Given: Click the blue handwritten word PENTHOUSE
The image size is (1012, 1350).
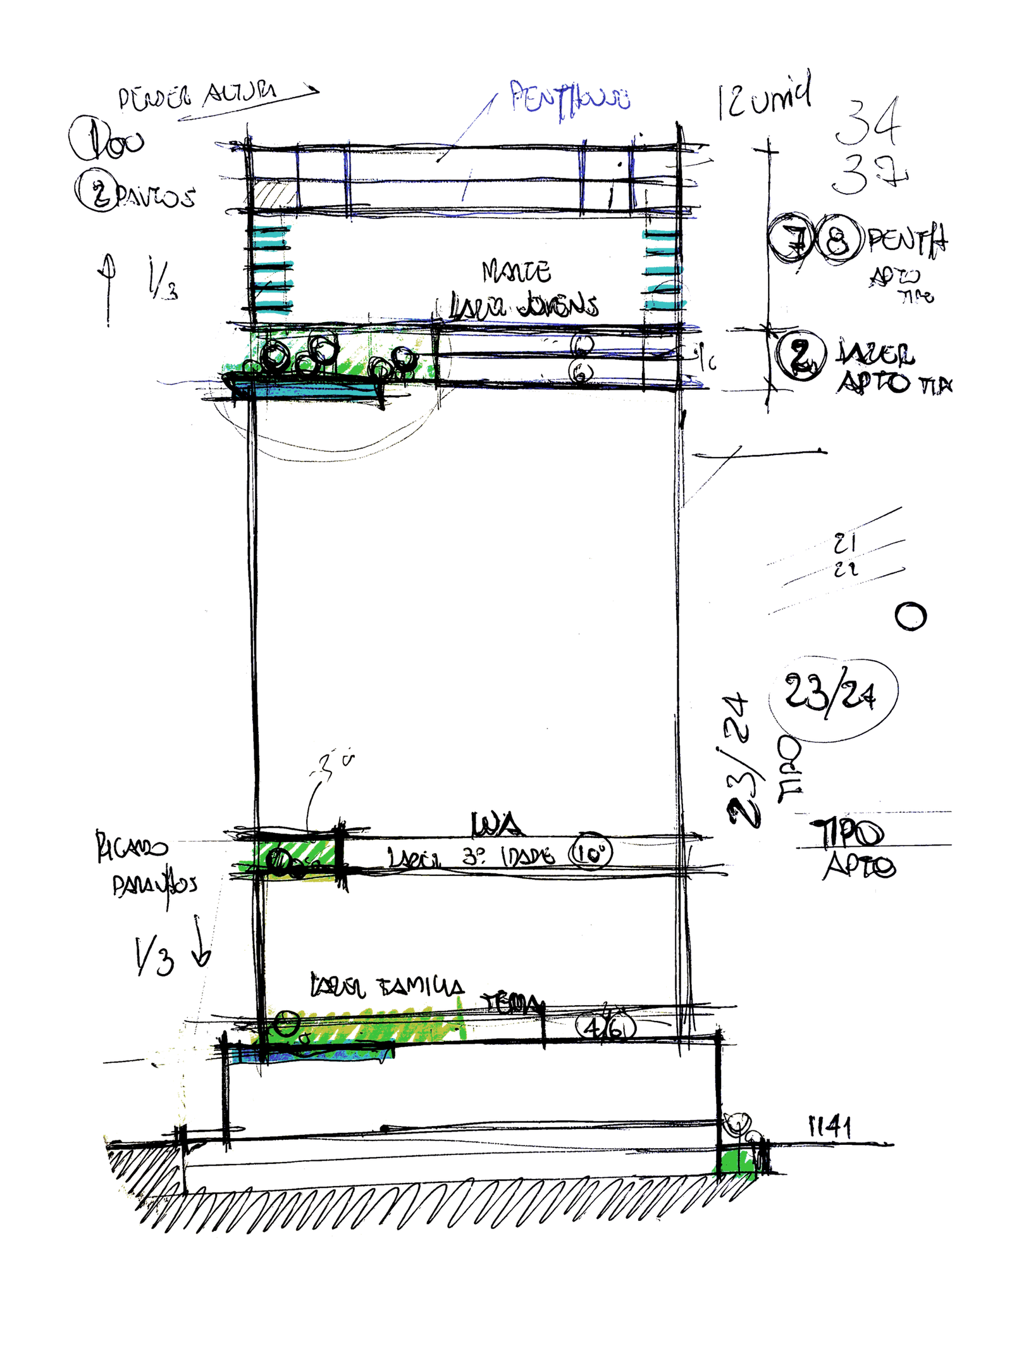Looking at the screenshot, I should (x=569, y=98).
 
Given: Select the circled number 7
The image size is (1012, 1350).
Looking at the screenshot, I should (x=791, y=239).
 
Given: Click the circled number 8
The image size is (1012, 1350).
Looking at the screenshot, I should (x=839, y=240).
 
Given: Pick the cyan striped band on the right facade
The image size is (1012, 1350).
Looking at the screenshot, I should (x=663, y=269).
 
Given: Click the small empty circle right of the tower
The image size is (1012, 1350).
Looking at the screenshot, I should (x=911, y=616).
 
